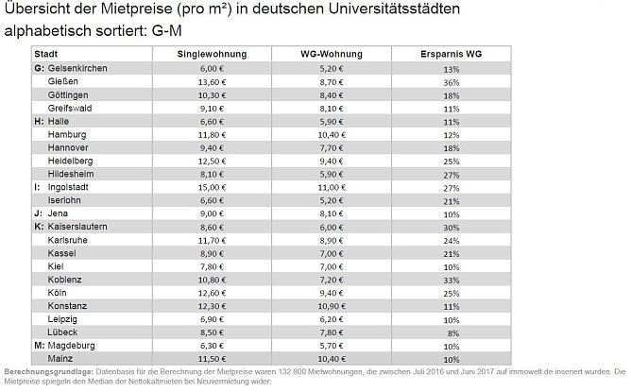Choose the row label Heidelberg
coord(70,161)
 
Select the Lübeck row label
coord(64,332)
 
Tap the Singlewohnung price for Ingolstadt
coord(213,187)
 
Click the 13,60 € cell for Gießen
coord(213,83)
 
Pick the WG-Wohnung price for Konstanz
coord(332,306)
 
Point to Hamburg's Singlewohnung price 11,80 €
coord(213,135)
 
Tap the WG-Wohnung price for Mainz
coord(332,359)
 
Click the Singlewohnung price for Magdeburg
coord(213,346)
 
